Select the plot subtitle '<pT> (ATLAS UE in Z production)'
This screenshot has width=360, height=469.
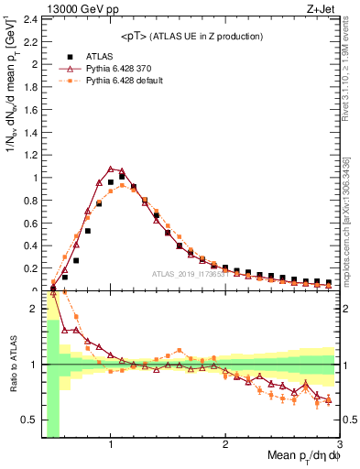[x=191, y=36]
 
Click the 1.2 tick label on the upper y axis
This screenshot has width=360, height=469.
[x=30, y=155]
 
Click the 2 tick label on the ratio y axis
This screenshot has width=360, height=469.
[x=35, y=309]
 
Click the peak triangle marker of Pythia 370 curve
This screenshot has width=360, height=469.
[x=111, y=169]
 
